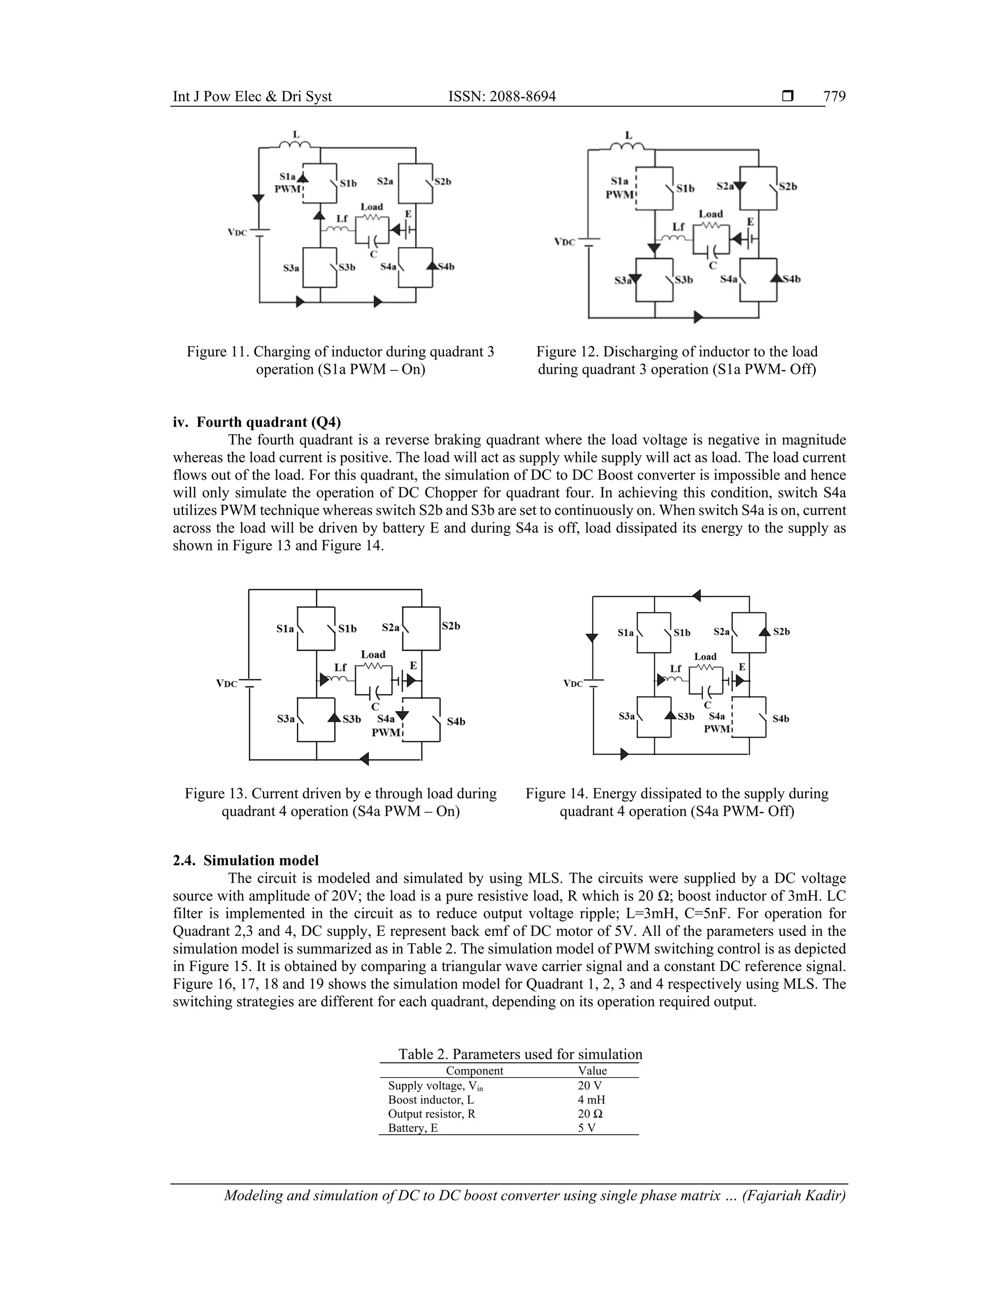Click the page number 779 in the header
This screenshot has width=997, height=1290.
[834, 96]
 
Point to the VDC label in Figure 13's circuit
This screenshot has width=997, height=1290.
[227, 683]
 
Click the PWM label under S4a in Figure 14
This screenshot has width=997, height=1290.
[717, 729]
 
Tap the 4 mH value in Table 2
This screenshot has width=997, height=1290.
[591, 1100]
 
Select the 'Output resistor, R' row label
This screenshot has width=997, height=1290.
[431, 1114]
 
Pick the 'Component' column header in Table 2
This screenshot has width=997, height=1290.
[474, 1071]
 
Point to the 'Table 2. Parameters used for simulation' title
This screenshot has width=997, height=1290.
[520, 1054]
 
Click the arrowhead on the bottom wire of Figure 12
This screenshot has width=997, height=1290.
[698, 317]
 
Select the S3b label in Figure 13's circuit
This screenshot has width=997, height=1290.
[351, 719]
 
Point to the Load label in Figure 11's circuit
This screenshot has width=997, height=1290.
[371, 207]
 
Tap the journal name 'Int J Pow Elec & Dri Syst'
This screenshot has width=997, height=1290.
[252, 96]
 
